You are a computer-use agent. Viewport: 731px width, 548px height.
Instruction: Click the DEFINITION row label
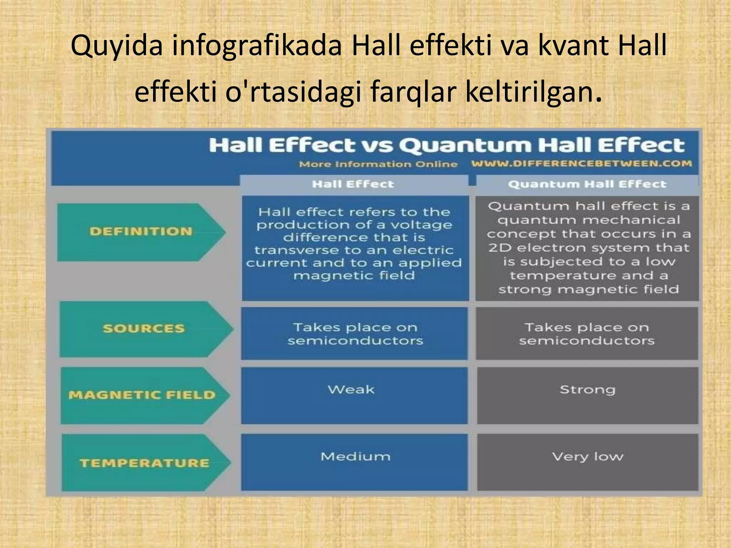click(141, 232)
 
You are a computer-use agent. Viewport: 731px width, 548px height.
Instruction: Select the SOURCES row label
click(143, 329)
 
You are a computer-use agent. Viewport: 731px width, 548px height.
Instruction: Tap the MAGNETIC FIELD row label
click(142, 395)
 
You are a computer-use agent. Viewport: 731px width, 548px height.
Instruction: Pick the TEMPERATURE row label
click(144, 463)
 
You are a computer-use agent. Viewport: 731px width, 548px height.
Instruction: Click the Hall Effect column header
click(353, 184)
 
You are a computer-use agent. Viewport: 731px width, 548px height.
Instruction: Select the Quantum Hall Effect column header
click(587, 184)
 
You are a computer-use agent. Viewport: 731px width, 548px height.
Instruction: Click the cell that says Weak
click(352, 390)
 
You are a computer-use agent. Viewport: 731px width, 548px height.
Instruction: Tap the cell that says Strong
click(588, 390)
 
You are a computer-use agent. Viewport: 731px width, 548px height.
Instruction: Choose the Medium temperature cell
click(356, 457)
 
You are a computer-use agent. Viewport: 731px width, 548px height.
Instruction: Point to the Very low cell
click(588, 457)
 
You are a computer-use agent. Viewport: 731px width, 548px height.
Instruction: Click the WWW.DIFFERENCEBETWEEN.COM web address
click(581, 164)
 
